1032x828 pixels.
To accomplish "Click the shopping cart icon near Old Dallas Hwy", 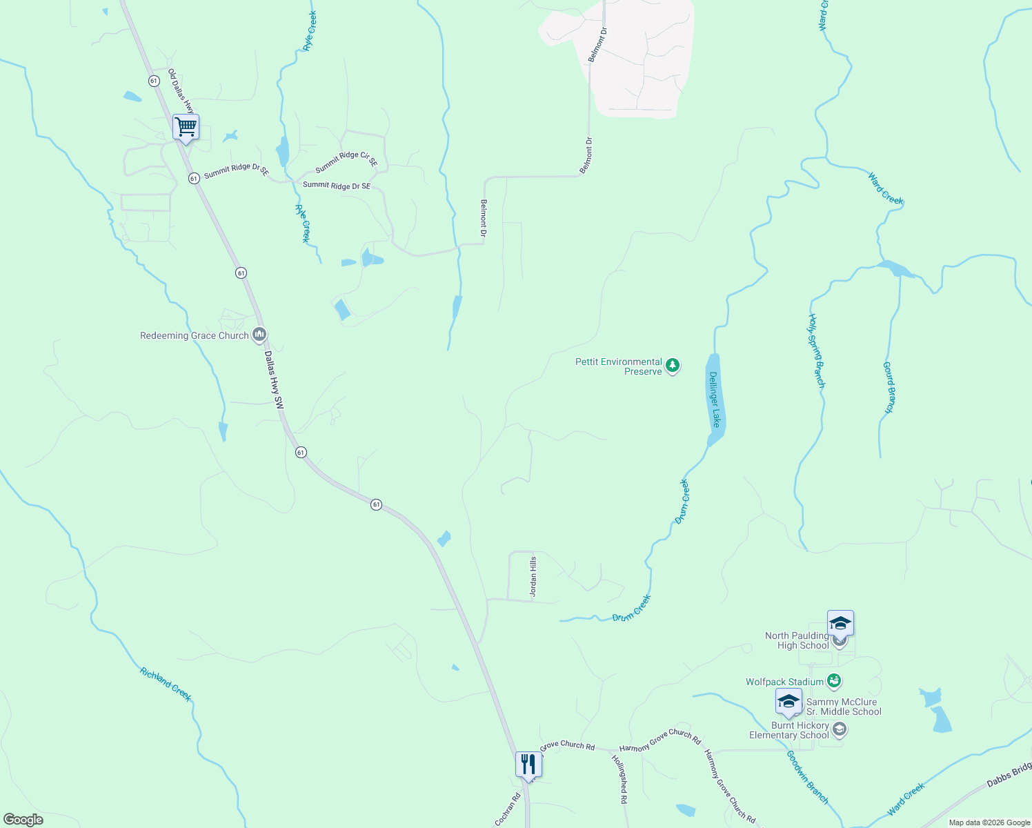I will point(186,128).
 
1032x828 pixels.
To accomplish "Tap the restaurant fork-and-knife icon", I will point(528,765).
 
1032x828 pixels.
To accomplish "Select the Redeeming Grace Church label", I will point(194,336).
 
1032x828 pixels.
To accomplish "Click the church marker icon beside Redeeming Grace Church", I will point(259,335).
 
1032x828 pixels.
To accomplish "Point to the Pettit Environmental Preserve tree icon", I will point(672,366).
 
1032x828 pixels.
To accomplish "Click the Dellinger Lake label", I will point(715,400).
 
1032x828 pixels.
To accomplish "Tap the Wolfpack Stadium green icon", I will point(834,682).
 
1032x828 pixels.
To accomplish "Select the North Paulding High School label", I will point(797,640).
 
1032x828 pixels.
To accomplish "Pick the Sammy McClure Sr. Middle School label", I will point(843,707).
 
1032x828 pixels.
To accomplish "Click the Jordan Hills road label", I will point(533,577).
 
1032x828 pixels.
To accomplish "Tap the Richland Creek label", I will point(166,684).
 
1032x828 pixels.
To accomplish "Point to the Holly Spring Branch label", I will point(816,351).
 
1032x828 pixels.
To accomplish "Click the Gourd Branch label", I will point(889,388).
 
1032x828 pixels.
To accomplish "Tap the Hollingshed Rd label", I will point(619,779).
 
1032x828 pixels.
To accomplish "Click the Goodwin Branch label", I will point(807,776).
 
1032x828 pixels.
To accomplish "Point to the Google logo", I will point(23,820).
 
